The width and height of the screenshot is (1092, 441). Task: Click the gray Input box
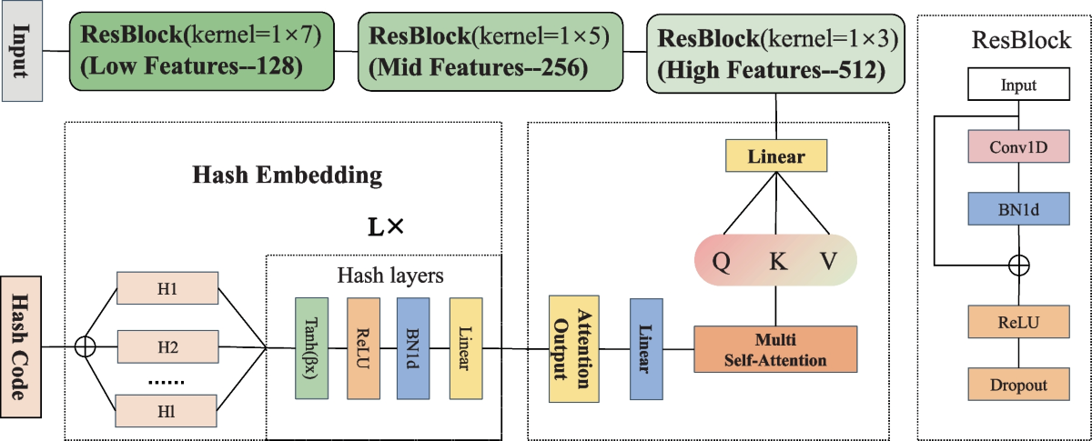click(x=22, y=51)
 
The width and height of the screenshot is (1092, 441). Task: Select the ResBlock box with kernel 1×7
click(x=202, y=51)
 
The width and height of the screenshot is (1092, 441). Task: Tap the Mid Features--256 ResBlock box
click(x=490, y=52)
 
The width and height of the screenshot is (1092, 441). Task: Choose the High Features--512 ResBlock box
click(x=775, y=54)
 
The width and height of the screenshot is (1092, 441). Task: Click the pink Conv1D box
click(x=1019, y=146)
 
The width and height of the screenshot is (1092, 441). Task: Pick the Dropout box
click(x=1019, y=385)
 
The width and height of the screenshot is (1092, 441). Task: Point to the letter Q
click(x=722, y=261)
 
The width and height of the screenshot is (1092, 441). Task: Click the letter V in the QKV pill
click(x=829, y=261)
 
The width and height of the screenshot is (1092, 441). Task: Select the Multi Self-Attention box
click(x=775, y=349)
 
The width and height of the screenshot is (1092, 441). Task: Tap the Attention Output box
click(x=574, y=349)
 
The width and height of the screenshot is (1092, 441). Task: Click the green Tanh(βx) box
click(x=311, y=348)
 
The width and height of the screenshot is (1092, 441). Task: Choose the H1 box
click(x=167, y=288)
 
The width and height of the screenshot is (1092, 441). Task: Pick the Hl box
click(x=167, y=411)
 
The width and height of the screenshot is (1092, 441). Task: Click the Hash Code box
click(x=20, y=347)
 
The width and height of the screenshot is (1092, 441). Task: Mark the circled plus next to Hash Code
click(x=86, y=347)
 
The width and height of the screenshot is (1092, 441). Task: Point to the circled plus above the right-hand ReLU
click(x=1019, y=266)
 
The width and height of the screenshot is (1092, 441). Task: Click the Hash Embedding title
click(x=288, y=175)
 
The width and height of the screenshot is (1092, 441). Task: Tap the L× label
click(x=386, y=227)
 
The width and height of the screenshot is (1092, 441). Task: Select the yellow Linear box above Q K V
click(x=776, y=155)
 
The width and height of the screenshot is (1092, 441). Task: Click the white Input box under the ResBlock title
click(x=1019, y=85)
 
